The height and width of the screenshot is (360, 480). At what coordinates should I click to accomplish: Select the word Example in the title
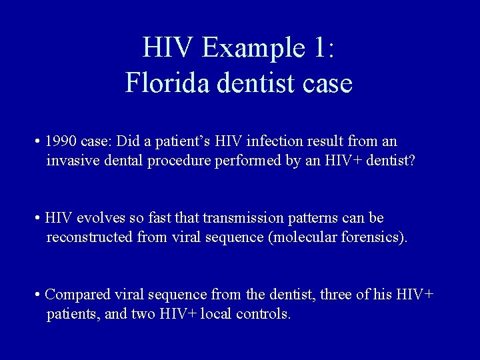[x=244, y=48]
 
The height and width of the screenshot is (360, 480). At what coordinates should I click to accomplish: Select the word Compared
[x=77, y=295]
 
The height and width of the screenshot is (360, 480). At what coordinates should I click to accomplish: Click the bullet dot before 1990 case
[x=38, y=143]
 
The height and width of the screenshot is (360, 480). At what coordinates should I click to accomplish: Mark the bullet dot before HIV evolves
[x=38, y=219]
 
